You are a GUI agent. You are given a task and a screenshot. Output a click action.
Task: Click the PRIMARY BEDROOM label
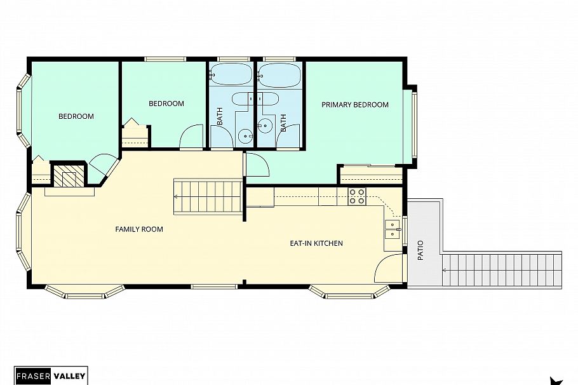point(354,105)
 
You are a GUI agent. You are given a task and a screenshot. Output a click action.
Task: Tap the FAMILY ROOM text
point(139,229)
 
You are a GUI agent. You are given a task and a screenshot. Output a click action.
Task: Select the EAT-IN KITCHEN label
point(316,243)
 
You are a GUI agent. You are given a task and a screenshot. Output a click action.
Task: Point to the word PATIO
point(420,250)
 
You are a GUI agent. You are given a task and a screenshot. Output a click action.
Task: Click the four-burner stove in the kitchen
point(357,197)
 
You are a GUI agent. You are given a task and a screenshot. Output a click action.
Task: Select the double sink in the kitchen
point(393,229)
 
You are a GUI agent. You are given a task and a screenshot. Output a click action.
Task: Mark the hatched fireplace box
point(67,175)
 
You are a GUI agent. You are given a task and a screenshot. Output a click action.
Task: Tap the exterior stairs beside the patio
point(502,269)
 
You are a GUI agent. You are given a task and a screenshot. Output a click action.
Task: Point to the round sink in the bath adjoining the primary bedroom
point(265,126)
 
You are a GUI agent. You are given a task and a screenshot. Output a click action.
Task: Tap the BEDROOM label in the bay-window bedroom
point(76,116)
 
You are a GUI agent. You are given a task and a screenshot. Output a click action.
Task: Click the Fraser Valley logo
point(51,375)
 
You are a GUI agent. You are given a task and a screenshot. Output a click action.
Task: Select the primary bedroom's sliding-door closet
point(371,174)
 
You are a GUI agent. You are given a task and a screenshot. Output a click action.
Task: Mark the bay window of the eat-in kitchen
point(349,292)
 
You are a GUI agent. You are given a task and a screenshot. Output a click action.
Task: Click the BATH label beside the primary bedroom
point(283,121)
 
